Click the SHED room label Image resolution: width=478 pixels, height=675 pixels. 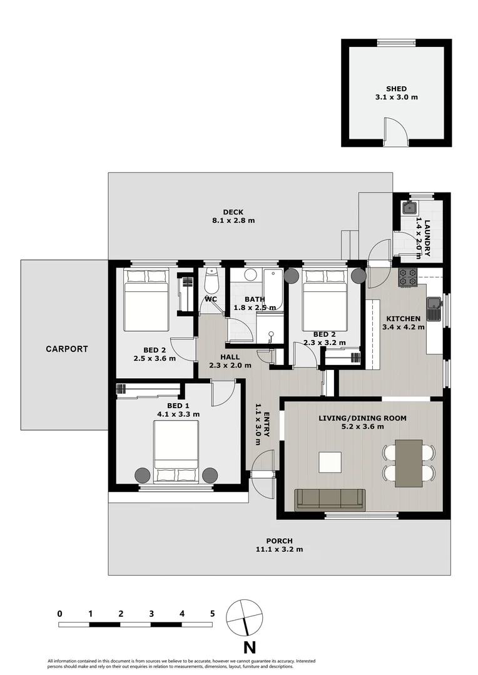point(396,89)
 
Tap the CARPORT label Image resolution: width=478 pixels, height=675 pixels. point(67,349)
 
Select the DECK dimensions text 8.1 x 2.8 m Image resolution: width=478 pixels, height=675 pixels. point(233,221)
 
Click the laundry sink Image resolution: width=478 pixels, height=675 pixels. point(409,208)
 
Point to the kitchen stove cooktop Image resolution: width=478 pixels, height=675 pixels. point(408,277)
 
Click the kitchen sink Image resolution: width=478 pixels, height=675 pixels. point(434,309)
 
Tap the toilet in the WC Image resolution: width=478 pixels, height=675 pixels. point(211,281)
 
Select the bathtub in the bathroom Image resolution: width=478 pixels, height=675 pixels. point(272,289)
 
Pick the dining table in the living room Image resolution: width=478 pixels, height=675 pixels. point(409,463)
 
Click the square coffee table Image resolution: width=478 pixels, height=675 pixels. point(330,462)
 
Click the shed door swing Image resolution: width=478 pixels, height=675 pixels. point(395,131)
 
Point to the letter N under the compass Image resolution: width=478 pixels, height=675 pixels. point(250,647)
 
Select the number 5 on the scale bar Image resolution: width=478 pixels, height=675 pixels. point(213,614)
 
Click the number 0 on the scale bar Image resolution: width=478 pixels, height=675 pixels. point(60,614)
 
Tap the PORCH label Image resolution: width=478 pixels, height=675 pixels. point(279,541)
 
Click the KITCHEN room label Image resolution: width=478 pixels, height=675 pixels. point(404,319)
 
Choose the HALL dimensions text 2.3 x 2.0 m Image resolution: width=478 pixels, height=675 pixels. point(230,366)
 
